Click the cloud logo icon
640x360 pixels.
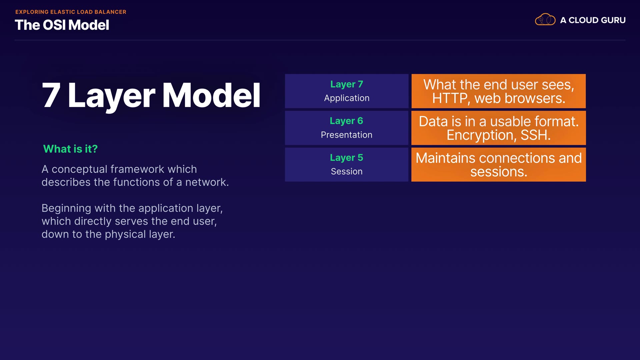point(545,20)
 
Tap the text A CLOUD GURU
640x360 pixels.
point(593,20)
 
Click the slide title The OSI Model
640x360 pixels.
point(62,25)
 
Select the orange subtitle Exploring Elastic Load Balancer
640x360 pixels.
point(71,12)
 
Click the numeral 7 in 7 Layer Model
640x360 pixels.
point(51,95)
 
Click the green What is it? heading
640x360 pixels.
point(70,149)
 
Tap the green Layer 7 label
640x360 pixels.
point(347,84)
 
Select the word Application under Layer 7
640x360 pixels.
point(347,98)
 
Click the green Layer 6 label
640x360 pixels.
point(346,121)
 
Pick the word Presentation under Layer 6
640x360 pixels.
point(347,135)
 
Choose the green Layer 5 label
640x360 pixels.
point(346,158)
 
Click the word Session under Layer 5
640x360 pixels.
point(347,171)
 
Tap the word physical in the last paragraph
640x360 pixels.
point(125,235)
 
